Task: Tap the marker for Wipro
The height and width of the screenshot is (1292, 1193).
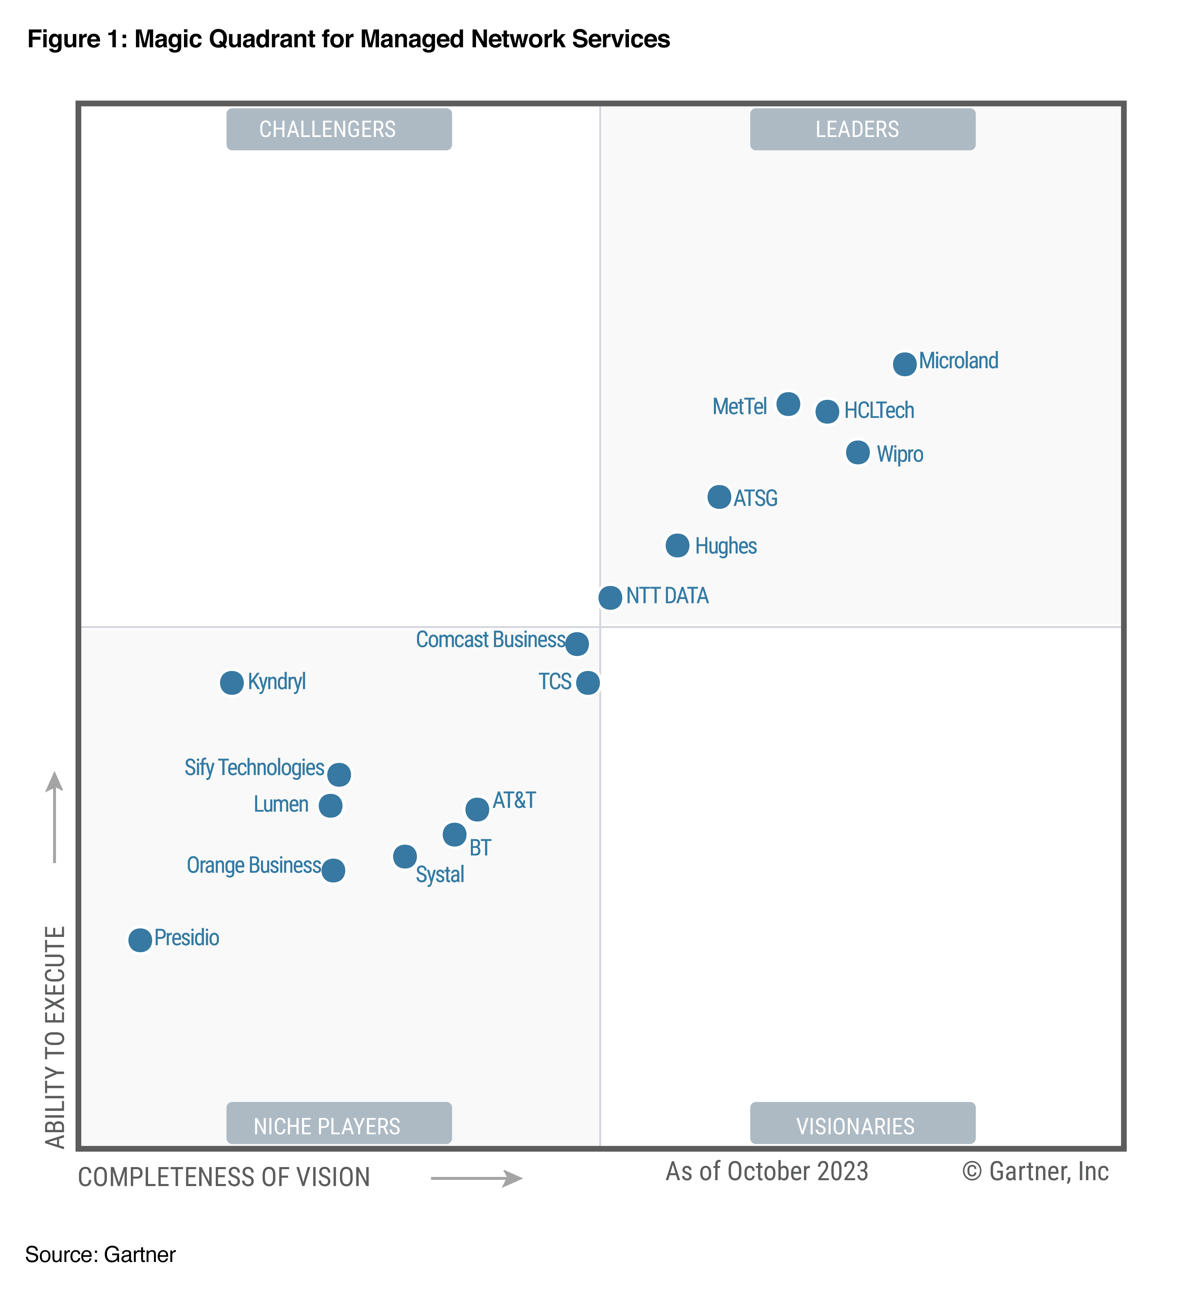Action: coord(857,452)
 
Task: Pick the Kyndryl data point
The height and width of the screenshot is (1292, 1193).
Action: coord(232,682)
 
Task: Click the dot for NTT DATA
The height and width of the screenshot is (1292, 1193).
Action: coord(610,598)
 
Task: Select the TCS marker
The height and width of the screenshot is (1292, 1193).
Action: coord(588,682)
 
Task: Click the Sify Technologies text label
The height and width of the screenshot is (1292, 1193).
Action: coord(254,767)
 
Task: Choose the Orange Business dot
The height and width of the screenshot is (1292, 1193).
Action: coord(333,870)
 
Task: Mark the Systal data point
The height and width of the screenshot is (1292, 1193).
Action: coord(405,857)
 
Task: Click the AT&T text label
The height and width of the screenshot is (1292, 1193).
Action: coord(514,800)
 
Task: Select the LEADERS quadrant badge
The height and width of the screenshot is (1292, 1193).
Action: coord(862,129)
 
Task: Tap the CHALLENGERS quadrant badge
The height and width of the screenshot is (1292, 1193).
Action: coord(339,129)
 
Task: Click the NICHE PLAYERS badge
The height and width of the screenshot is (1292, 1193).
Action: coord(339,1126)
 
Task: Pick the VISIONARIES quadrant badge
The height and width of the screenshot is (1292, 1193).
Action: coord(862,1126)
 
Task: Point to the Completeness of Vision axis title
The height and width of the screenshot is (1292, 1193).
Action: coord(224,1177)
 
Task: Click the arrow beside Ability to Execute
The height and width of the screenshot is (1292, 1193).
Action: coord(55,816)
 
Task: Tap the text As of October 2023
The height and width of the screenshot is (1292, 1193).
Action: coord(767,1171)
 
